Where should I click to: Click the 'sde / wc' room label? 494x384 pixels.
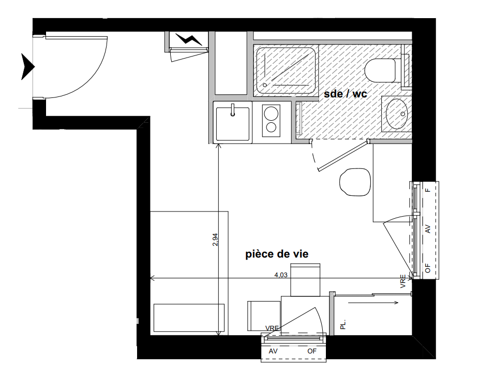point(346,94)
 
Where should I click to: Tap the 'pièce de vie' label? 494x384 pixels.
point(277,254)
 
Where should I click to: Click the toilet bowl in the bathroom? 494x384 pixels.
point(381,70)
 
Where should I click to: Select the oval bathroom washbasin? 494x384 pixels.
point(396,114)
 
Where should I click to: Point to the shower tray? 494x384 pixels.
point(286,72)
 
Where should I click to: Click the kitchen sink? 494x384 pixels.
point(232,124)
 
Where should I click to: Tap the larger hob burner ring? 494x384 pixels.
point(271,113)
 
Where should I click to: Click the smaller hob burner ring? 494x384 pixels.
point(271,127)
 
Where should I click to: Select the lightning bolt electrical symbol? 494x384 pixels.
point(188,39)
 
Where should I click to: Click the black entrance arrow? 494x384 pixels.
point(27,66)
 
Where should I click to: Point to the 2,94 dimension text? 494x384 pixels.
point(215,239)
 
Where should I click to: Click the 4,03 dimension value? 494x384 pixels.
point(281,275)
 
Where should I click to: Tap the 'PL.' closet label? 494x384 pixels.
point(343,324)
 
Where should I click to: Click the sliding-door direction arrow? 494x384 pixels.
point(373,303)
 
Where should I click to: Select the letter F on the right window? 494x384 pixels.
point(427,190)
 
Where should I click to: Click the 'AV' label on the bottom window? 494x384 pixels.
point(273,351)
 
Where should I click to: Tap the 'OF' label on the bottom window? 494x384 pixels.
point(312,351)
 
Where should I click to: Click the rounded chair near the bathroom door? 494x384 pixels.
point(355,182)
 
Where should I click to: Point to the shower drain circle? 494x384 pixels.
point(265,85)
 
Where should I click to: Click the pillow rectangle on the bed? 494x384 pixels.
point(189,318)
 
